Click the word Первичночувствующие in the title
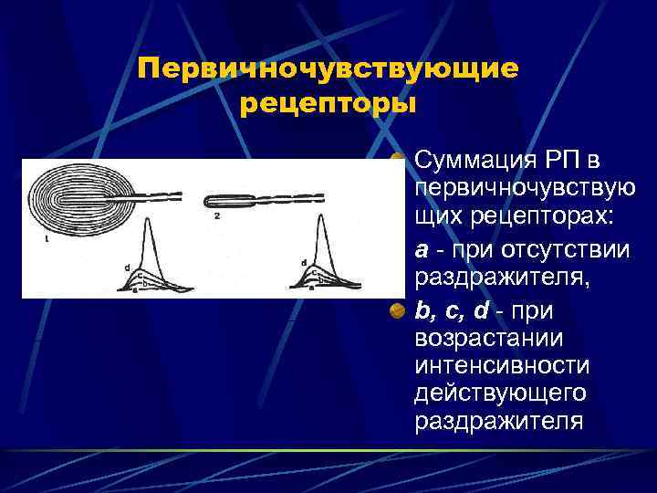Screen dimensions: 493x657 pyautogui.click(x=328, y=68)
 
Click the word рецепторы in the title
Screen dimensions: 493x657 pyautogui.click(x=328, y=103)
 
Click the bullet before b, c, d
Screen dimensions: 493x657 pyautogui.click(x=398, y=312)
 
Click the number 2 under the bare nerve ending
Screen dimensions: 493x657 pyautogui.click(x=217, y=216)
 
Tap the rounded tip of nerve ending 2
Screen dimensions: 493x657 pyautogui.click(x=209, y=201)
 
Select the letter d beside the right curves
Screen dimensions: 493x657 pyautogui.click(x=303, y=263)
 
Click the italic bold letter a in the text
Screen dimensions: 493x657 pyautogui.click(x=421, y=249)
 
